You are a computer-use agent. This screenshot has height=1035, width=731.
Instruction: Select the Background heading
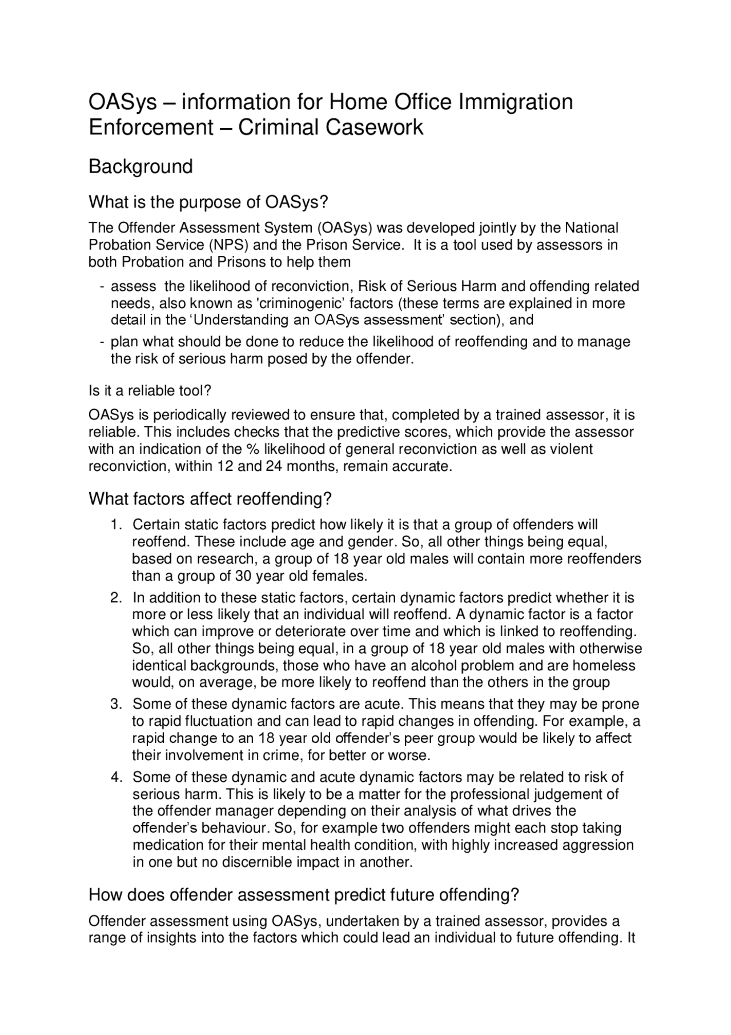click(x=140, y=166)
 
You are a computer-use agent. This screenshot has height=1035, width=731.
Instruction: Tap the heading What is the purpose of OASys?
click(x=209, y=202)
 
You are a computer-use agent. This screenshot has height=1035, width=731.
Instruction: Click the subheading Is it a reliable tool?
click(x=150, y=391)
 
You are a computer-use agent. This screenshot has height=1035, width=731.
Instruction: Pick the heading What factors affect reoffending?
click(x=210, y=499)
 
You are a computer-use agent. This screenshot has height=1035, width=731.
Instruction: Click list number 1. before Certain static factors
click(x=116, y=525)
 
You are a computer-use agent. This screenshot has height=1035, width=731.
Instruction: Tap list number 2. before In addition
click(x=116, y=598)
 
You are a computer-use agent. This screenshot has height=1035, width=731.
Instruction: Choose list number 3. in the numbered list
click(x=116, y=704)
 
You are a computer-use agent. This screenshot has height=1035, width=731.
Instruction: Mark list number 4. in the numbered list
click(x=116, y=778)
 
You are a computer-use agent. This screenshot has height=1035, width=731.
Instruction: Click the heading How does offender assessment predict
click(x=303, y=895)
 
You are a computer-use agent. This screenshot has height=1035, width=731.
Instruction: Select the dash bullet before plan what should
click(x=101, y=342)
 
